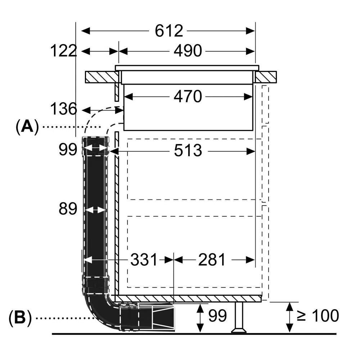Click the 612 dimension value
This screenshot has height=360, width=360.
tap(169, 31)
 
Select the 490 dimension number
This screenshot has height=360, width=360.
tap(188, 51)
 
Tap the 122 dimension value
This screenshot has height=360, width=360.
tap(64, 51)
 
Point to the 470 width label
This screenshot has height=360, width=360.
tap(188, 96)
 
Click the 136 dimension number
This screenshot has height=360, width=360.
tap(64, 109)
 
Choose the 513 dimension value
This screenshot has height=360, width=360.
tap(188, 151)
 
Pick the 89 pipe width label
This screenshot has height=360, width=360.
tap(68, 209)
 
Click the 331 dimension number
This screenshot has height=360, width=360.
tap(144, 260)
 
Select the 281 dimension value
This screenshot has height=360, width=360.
tap(212, 260)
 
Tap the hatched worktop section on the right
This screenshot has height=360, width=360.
tap(266, 77)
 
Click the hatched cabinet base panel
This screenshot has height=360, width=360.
tap(187, 298)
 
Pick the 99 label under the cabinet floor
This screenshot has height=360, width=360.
tap(217, 316)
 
